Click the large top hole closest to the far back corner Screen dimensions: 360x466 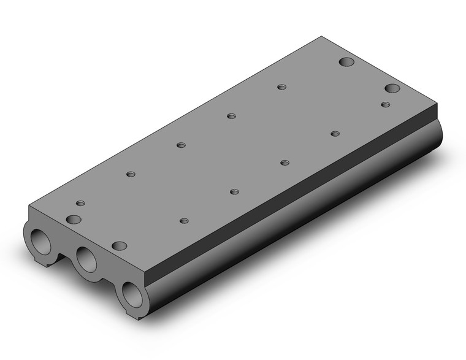pos(347,63)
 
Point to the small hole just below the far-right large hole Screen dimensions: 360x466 pos(385,105)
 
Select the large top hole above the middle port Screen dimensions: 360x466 pos(120,246)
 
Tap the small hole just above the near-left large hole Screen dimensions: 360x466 pos(80,203)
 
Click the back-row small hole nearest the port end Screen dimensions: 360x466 pos(131,174)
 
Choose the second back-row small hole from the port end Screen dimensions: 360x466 pos(181,145)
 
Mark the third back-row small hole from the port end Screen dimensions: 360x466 pos(231,116)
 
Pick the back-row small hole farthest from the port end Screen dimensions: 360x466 pos(281,87)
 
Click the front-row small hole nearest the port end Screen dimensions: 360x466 pos(184,220)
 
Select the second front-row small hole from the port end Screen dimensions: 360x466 pos(234,191)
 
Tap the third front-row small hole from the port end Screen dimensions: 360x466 pos(285,163)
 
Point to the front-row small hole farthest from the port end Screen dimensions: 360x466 pos(335,133)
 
